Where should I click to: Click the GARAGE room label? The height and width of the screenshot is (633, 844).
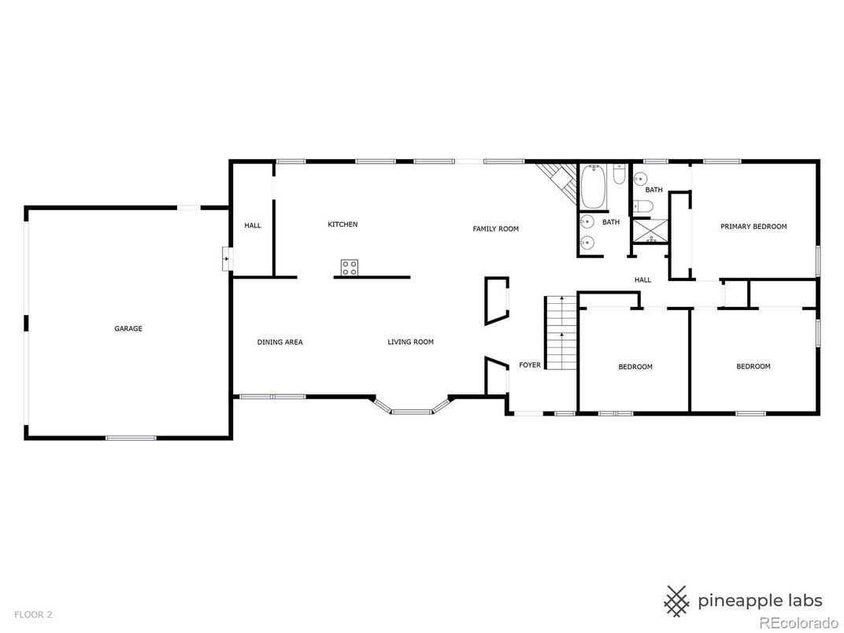click(128, 328)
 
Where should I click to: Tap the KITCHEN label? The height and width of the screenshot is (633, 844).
click(343, 224)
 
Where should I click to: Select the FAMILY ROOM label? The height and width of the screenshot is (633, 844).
click(496, 229)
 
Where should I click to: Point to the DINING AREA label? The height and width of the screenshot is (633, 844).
click(280, 342)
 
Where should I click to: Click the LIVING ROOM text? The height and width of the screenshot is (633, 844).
click(411, 342)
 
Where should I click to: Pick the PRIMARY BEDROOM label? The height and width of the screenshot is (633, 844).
click(753, 227)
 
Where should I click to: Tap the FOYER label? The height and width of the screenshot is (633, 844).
click(530, 365)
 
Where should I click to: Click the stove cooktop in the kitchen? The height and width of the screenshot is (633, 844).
click(350, 268)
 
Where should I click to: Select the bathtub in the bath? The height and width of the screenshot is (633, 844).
click(593, 187)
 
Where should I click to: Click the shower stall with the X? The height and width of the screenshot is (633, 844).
click(651, 231)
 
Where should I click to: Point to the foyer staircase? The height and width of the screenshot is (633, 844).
click(561, 333)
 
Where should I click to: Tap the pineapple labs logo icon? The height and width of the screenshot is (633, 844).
click(678, 601)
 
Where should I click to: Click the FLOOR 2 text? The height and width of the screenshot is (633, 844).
click(33, 614)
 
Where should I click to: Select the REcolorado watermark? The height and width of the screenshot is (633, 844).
click(790, 622)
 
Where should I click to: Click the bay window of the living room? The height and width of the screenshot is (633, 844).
click(412, 407)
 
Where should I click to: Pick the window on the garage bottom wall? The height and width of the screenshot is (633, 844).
click(131, 439)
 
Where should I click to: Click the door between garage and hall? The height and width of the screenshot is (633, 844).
click(228, 259)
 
